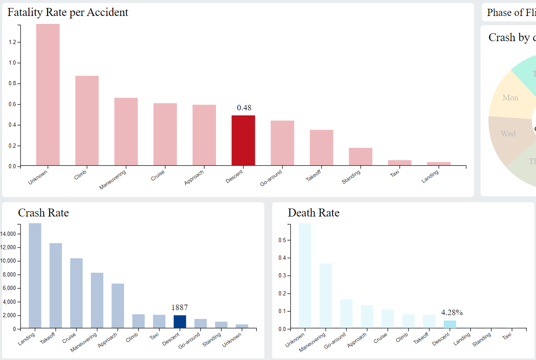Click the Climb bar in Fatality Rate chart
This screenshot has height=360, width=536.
[87, 120]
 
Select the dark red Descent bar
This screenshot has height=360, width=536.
[243, 140]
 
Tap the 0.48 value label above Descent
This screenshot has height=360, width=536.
[244, 108]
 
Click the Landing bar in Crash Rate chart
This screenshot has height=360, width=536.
[35, 275]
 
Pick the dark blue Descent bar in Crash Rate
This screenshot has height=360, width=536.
[180, 321]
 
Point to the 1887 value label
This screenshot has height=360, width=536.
[180, 307]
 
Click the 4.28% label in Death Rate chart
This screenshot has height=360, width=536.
[452, 312]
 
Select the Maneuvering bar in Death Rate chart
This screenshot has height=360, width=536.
[325, 295]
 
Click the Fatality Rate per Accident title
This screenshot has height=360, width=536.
[68, 12]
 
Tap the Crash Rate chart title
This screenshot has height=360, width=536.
[43, 213]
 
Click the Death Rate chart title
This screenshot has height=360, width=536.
[313, 213]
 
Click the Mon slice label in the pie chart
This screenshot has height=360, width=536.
[510, 98]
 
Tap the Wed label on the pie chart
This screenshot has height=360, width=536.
[508, 134]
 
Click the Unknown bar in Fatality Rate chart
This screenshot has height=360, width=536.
[48, 94]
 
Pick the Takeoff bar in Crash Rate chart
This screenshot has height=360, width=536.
[56, 285]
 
